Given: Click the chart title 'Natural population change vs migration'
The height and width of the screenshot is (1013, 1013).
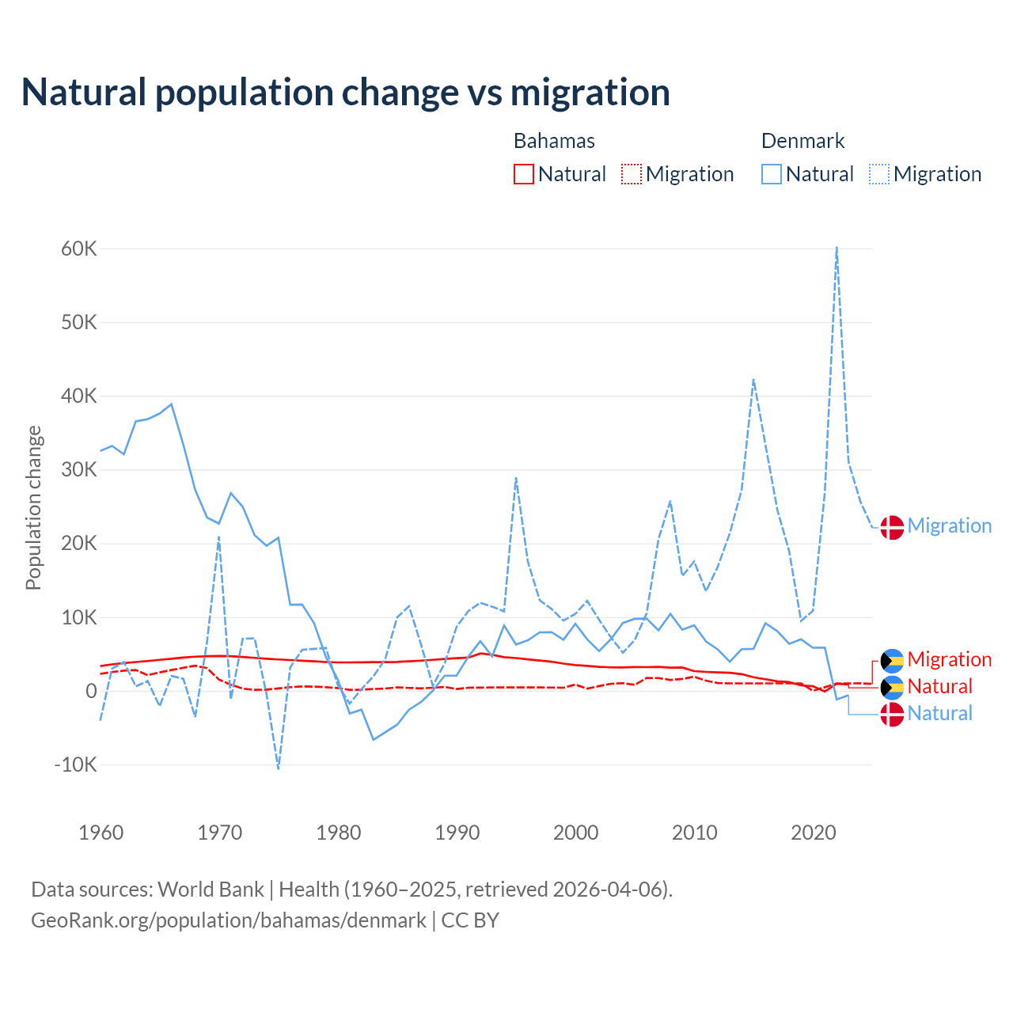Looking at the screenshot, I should click(x=346, y=93).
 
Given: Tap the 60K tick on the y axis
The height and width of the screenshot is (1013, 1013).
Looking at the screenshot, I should click(x=79, y=249).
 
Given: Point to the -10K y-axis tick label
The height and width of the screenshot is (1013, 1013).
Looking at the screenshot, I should click(x=76, y=765).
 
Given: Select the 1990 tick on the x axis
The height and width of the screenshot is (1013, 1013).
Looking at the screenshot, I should click(x=457, y=833).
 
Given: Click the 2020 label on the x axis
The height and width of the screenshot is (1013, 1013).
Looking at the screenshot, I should click(x=814, y=833).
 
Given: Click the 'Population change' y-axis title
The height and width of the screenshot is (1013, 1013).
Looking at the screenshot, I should click(x=33, y=508).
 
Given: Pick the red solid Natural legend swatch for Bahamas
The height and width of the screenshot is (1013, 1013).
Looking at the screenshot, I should click(x=524, y=174).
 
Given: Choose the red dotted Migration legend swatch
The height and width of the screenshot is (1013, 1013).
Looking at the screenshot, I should click(x=632, y=174).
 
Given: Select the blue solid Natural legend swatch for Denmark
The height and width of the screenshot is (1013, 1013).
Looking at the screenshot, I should click(x=772, y=174).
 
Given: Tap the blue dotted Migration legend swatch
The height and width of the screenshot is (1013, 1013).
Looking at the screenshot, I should click(x=879, y=174).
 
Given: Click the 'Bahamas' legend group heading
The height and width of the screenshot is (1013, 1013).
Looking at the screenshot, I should click(x=554, y=141).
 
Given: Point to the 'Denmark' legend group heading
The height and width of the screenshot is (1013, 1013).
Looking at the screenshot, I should click(x=802, y=141).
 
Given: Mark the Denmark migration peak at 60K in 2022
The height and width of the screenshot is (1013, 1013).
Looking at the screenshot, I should click(x=837, y=248).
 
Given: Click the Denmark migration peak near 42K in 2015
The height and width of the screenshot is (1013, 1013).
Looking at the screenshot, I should click(x=753, y=380).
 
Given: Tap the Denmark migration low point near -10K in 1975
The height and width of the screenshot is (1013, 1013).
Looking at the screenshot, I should click(x=279, y=768).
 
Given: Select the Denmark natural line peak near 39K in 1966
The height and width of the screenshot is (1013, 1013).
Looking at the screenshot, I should click(x=172, y=404).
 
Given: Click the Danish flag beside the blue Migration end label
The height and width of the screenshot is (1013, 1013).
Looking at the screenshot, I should click(x=892, y=527).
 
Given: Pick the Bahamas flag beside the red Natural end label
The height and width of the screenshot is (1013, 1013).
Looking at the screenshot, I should click(x=892, y=687).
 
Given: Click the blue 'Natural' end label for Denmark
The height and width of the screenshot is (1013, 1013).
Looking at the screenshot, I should click(x=939, y=714).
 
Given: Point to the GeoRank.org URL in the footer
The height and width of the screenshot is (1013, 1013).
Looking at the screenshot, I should click(x=229, y=920).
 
